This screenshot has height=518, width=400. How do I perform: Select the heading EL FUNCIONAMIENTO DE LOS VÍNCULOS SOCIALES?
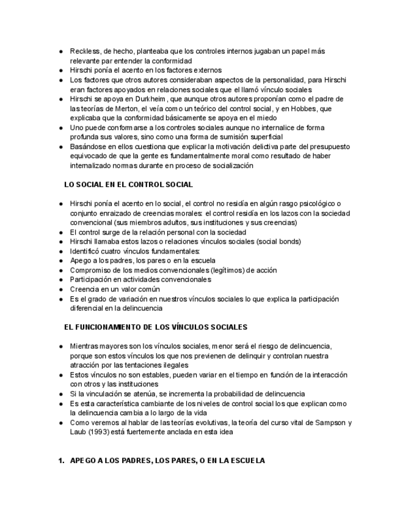pos(156,327)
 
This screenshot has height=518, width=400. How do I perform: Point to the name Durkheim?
pos(145,99)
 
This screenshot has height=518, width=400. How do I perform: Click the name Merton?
pos(124,108)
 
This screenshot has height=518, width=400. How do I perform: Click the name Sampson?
pos(330,423)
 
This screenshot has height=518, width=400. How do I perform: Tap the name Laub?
pos(79,432)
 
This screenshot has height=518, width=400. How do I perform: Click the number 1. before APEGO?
pos(62,460)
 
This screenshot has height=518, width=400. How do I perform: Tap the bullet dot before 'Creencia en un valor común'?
pos(61,289)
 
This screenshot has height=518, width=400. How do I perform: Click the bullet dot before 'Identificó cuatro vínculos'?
pos(61,251)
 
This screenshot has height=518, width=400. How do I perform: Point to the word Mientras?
pos(85,346)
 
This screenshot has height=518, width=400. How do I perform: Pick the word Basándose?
pos(89,147)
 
